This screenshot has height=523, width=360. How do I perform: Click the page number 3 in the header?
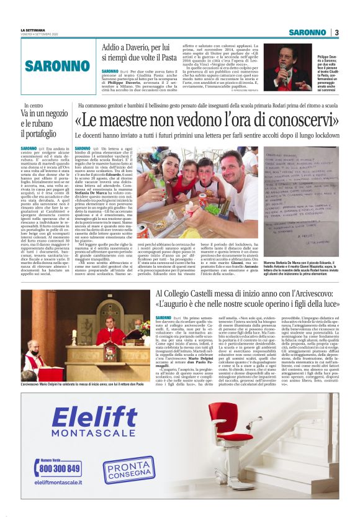(x=336, y=32)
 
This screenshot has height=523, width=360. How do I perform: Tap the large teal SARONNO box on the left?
(x=57, y=65)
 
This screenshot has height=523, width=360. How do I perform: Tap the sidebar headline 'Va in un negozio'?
(x=45, y=117)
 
